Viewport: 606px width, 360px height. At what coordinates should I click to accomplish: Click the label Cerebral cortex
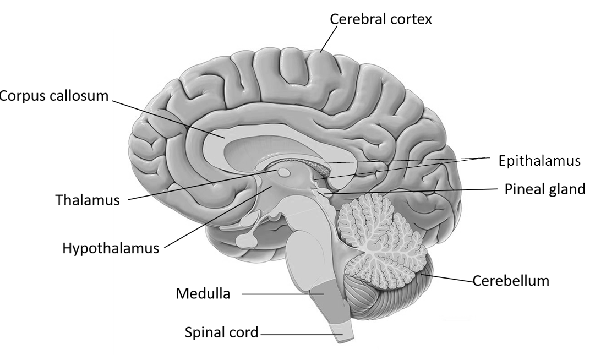point(381,19)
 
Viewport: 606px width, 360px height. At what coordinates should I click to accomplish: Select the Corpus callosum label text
point(54,96)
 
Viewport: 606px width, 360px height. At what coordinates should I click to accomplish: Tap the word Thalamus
point(88,200)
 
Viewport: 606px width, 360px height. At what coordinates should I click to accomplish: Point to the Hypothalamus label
point(111,248)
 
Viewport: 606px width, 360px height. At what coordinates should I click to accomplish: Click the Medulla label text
point(203,293)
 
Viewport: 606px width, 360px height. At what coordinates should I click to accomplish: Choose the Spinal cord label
point(221,332)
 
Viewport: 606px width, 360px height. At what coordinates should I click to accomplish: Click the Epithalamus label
point(539,161)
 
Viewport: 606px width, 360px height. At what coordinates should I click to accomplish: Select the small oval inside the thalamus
point(284,173)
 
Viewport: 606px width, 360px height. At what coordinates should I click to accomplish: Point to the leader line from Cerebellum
point(451,278)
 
